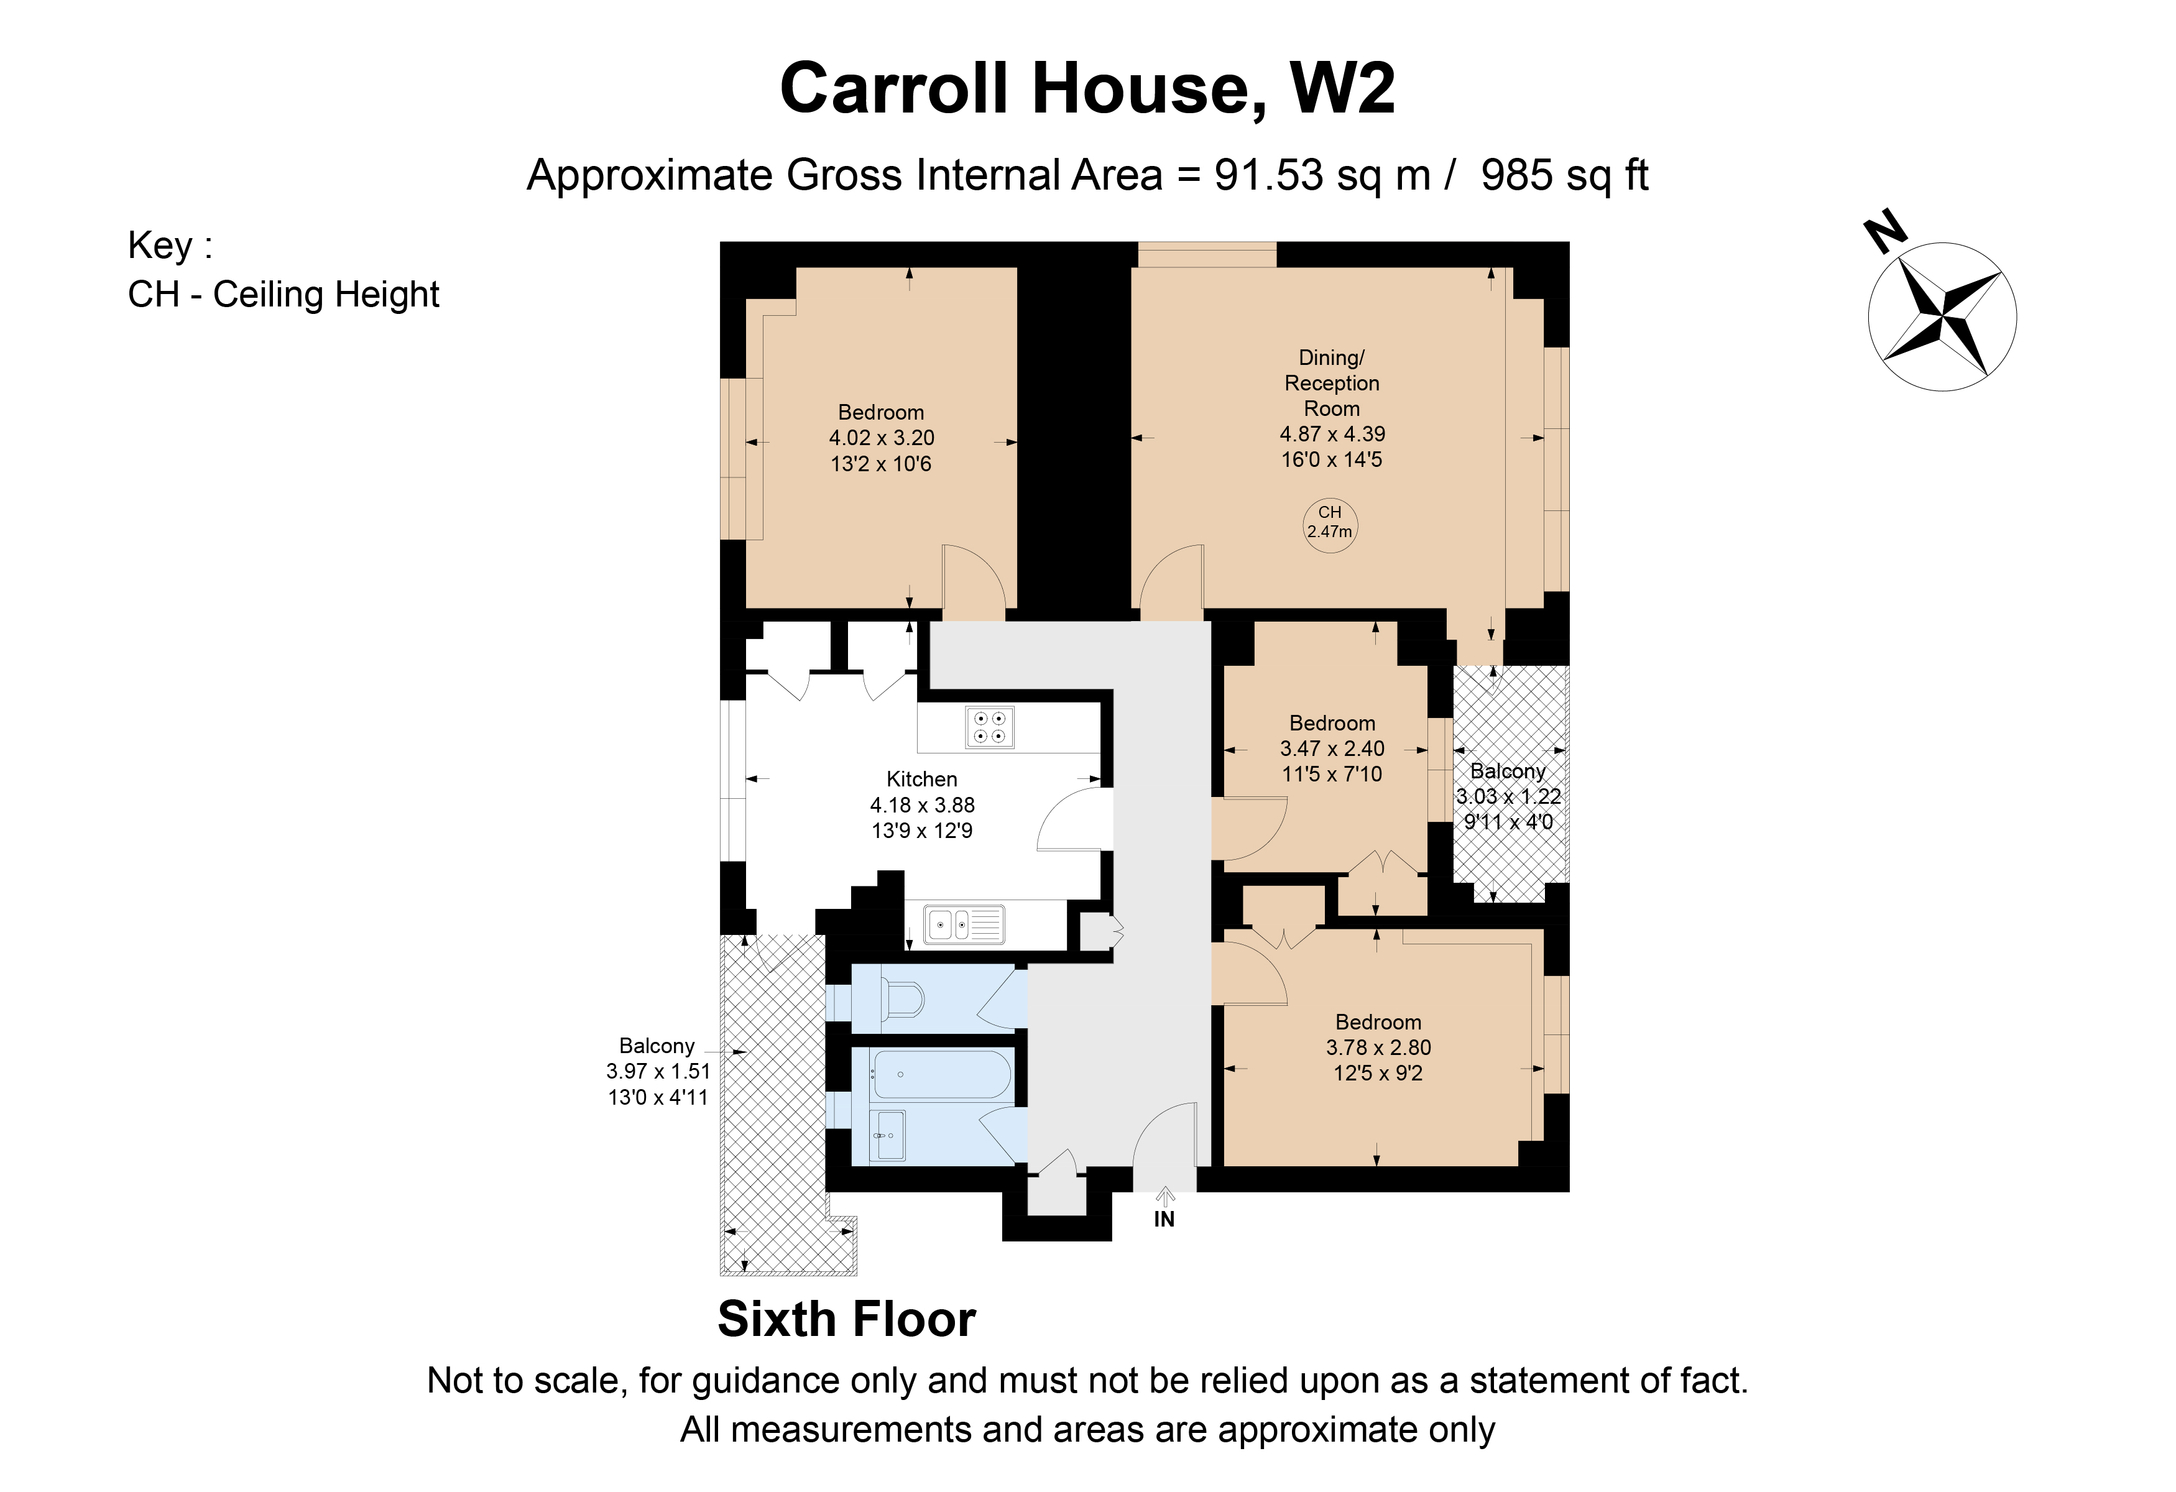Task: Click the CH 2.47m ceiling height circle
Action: pyautogui.click(x=1330, y=522)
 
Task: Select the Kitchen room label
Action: pyautogui.click(x=921, y=779)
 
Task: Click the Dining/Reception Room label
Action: pyautogui.click(x=1332, y=383)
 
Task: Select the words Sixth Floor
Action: pyautogui.click(x=846, y=1320)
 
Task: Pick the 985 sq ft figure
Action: pyautogui.click(x=1564, y=175)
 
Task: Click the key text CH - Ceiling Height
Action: pyautogui.click(x=283, y=295)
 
